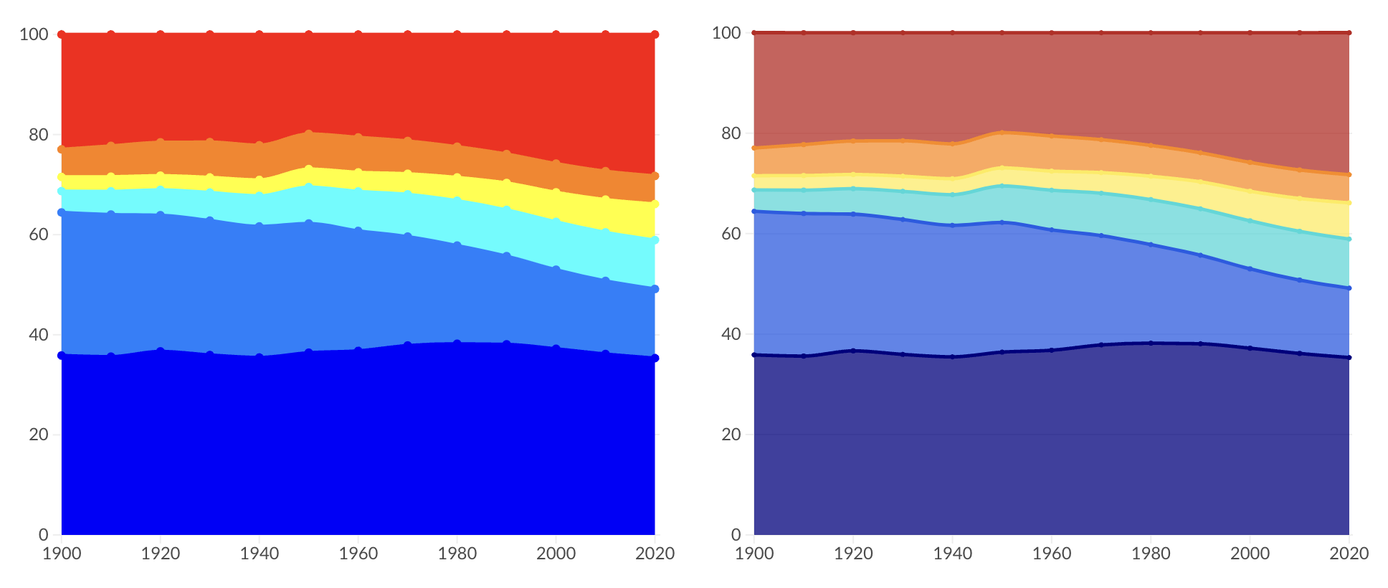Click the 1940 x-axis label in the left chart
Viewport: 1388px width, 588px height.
[260, 554]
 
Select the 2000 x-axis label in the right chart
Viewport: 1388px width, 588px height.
[1250, 554]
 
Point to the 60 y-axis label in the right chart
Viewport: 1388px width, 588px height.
[731, 234]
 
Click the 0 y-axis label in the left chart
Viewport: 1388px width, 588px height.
[44, 534]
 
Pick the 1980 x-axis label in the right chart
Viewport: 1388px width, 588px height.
[1151, 554]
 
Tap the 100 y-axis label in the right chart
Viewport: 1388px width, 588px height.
[726, 33]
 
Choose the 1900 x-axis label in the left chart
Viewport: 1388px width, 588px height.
[62, 554]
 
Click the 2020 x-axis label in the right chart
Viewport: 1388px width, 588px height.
[1349, 554]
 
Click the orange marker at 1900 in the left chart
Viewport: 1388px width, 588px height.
[62, 149]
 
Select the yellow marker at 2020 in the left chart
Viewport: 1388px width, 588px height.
[655, 204]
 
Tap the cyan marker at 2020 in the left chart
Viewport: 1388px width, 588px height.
[655, 240]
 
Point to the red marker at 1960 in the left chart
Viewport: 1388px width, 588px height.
[358, 34]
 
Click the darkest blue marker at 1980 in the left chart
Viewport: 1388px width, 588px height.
[457, 343]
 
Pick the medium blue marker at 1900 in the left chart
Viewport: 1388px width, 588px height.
[62, 212]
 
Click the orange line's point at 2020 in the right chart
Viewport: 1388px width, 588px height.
[1349, 175]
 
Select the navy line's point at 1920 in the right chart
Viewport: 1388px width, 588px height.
[853, 351]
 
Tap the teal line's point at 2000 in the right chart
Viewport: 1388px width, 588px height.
[1250, 221]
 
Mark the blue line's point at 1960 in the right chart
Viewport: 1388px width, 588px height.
[1052, 230]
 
